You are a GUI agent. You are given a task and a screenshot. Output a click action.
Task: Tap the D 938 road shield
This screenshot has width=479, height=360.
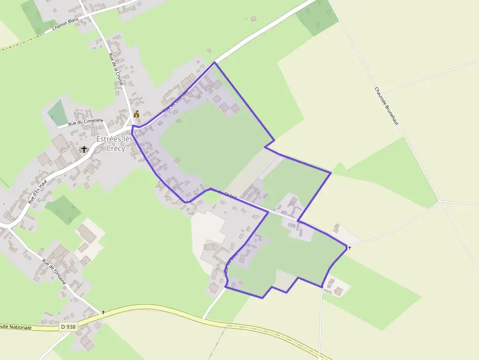69,326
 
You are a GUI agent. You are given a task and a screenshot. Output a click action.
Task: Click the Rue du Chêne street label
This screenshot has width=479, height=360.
223,193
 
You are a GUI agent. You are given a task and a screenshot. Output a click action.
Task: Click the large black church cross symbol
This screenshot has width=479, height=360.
84,149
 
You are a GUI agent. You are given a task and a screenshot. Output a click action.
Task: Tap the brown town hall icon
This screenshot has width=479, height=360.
136,114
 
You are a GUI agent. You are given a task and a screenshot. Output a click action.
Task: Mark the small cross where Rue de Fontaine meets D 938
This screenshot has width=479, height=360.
103,312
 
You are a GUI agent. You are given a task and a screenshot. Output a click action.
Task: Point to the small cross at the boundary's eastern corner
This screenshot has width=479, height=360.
349,248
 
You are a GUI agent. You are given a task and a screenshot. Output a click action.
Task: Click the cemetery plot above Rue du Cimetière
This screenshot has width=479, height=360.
58,112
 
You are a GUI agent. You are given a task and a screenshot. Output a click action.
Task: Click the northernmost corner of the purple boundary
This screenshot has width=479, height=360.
214,63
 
